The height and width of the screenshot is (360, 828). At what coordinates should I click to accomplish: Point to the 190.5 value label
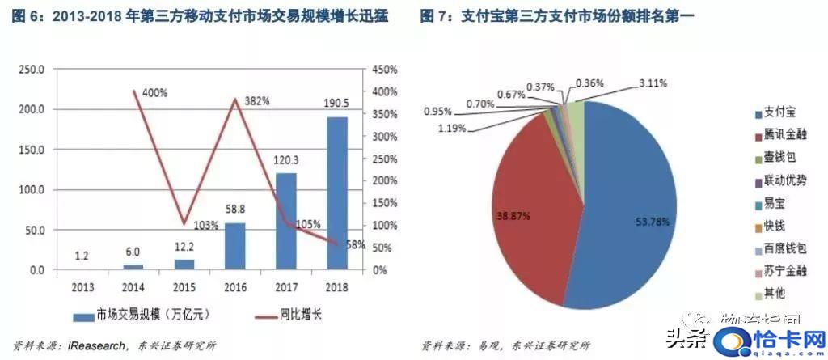click(x=337, y=105)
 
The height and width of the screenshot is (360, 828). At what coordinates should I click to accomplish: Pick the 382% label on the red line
click(x=256, y=101)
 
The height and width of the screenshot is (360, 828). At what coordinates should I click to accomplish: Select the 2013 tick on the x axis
click(x=83, y=286)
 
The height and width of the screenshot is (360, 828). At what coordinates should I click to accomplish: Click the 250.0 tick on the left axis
click(x=32, y=70)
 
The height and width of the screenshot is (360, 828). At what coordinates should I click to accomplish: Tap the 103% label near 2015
click(x=205, y=225)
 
